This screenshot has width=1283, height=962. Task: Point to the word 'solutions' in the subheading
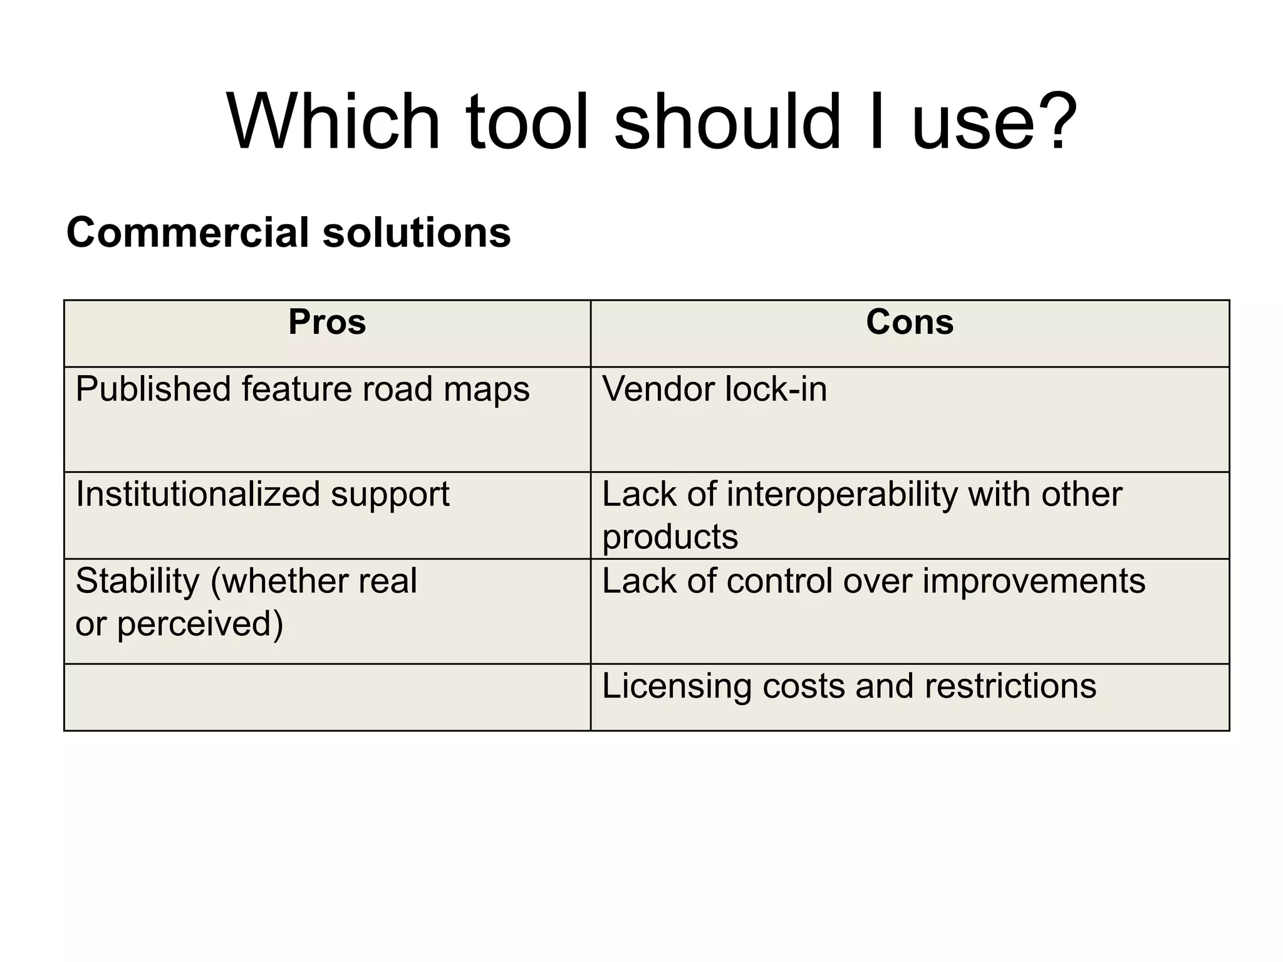point(417,232)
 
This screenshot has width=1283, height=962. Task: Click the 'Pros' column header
point(327,323)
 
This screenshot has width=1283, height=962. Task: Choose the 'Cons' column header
point(910,323)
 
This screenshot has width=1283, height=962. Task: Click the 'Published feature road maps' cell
point(303,390)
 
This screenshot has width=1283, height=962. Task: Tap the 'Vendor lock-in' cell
point(715,390)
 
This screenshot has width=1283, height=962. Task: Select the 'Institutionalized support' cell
point(262,494)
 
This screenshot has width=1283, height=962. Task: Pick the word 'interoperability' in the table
point(842,494)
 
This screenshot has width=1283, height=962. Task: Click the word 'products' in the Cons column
point(670,537)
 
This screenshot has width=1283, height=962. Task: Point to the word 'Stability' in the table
point(137,581)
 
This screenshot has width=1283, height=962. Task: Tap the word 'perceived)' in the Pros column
point(200,624)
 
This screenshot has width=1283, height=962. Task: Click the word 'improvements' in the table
point(1034,581)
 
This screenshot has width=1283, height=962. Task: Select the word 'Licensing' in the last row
point(676,686)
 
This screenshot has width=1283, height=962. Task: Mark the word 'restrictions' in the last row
point(1010,686)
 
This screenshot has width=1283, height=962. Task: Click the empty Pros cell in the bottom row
point(327,697)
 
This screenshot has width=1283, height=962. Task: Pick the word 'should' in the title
point(727,122)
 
